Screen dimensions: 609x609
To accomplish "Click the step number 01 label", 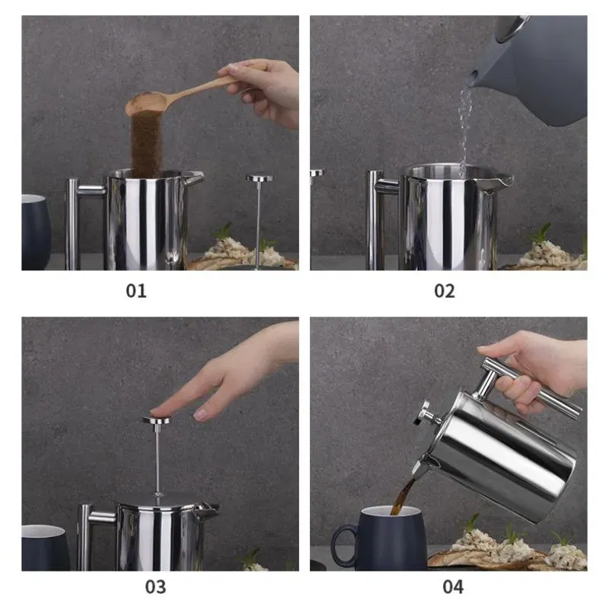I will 136,290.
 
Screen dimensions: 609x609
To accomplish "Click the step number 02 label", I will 444,290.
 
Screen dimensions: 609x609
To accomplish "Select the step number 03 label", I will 155,587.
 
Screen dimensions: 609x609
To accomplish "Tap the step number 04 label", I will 452,587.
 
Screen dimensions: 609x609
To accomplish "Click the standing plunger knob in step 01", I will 260,179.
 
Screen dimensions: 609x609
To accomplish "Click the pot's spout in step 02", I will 502,181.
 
